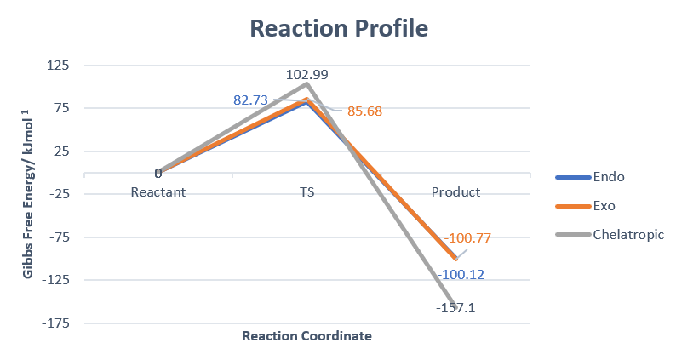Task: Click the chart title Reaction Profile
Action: pos(338,28)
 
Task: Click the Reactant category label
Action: pos(158,192)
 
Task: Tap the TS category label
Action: pos(307,192)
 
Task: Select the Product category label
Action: pos(455,192)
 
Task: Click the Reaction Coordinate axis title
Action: pos(307,336)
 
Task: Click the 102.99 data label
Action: pos(307,75)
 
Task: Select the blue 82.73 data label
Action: pos(251,100)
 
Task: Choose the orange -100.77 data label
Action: pos(467,238)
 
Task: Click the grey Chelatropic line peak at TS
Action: pos(307,83)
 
